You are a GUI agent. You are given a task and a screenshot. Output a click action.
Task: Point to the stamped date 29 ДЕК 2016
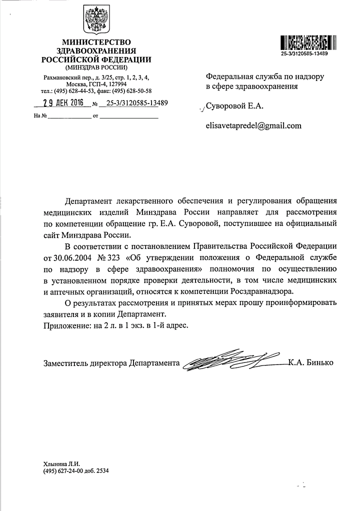coord(64,104)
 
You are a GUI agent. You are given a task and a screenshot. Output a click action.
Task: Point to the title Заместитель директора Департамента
coord(111,363)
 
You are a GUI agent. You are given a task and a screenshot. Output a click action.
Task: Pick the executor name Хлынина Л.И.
coord(62,463)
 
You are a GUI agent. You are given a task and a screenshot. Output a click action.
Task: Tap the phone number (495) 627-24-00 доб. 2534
coord(75,470)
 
